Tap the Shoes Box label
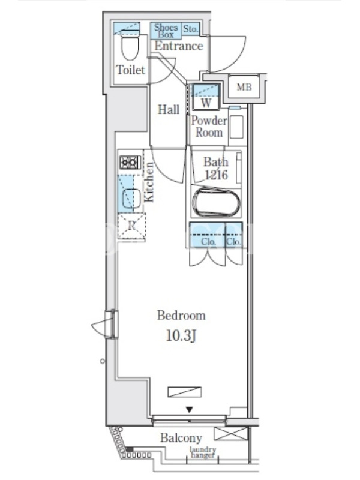point(166,31)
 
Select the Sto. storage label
point(190,29)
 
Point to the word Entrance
point(179,46)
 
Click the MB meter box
point(244,87)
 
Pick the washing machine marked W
point(206,97)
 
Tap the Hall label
point(169,109)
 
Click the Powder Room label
point(209,127)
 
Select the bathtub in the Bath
point(216,203)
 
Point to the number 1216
point(216,175)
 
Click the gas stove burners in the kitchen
point(130,162)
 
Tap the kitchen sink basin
point(131,198)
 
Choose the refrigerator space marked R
point(131,226)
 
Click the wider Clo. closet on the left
point(208,235)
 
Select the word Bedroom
point(181,316)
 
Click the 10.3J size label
point(181,336)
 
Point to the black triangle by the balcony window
point(190,409)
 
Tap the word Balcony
point(181,438)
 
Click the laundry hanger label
point(202,452)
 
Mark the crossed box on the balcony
point(231,434)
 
